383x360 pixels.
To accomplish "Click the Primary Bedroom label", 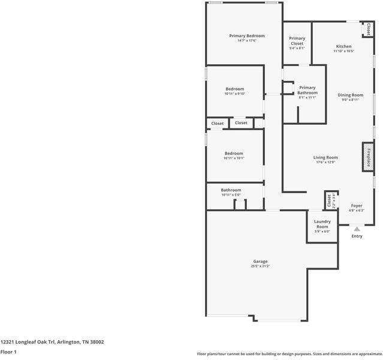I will pos(246,36).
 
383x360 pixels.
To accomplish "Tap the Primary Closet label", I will pos(297,41).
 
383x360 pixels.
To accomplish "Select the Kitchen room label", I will pos(343,46).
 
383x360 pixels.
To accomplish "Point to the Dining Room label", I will pos(350,95).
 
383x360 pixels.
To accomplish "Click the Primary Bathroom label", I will pos(307,90).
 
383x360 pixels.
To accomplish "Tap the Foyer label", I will pos(357,206).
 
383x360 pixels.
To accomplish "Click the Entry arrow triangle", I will pos(357,229).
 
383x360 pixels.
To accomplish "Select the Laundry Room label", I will pos(322,224).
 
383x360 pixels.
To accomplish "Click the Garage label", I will pos(260,261).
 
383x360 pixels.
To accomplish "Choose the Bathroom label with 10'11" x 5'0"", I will pos(231,190).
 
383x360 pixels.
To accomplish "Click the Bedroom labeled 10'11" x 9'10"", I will pos(234,89).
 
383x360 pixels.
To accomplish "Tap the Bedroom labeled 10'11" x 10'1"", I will pos(234,153).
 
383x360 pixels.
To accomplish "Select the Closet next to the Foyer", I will pos(329,200).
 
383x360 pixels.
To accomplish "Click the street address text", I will pos(52,342).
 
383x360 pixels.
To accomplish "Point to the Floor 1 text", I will pos(8,352).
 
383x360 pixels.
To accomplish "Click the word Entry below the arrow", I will pos(357,236).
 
